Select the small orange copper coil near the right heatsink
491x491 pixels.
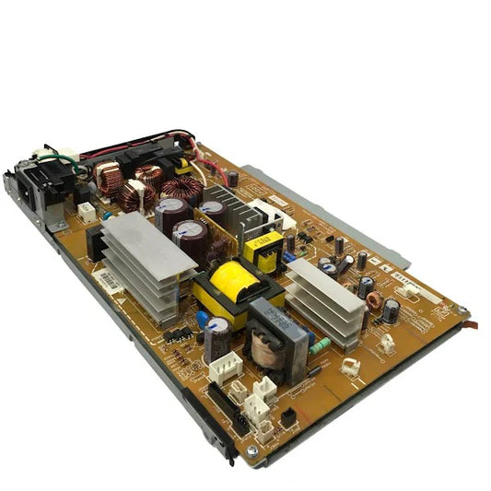pyautogui.click(x=374, y=300)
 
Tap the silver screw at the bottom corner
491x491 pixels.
pyautogui.click(x=251, y=452)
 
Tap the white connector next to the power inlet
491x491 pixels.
pyautogui.click(x=86, y=212)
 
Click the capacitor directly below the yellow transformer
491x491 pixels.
pyautogui.click(x=218, y=340)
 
